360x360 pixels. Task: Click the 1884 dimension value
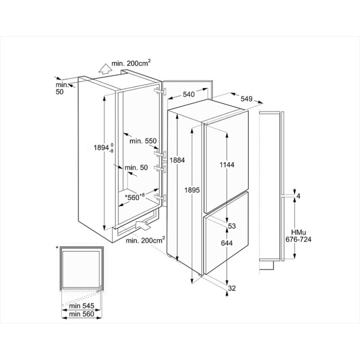[177, 160]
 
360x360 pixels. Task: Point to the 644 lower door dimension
[228, 243]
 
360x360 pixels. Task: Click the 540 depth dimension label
[189, 94]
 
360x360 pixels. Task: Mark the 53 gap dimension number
[232, 226]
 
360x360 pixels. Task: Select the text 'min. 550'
[143, 141]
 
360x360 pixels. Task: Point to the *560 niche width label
[134, 197]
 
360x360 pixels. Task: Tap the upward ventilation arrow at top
[103, 68]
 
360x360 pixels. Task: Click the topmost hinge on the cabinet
[159, 90]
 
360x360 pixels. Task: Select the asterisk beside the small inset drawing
[57, 247]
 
